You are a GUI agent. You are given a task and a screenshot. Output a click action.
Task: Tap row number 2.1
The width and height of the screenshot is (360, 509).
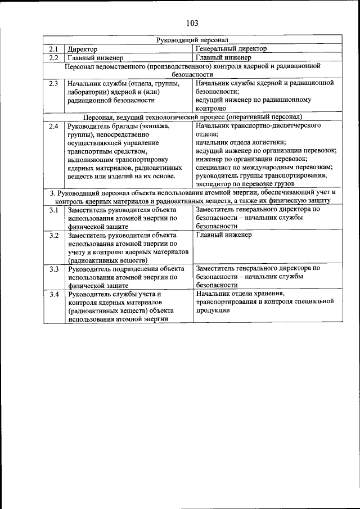[x=53, y=49]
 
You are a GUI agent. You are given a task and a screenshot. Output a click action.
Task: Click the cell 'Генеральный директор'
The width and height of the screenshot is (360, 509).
[x=231, y=49]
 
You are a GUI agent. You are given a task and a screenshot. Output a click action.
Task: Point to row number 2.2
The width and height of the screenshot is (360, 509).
[x=53, y=57]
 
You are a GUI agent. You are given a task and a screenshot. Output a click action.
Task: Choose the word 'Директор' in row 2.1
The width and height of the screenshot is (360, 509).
[x=83, y=49]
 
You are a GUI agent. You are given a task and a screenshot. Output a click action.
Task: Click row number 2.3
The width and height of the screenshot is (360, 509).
[x=53, y=83]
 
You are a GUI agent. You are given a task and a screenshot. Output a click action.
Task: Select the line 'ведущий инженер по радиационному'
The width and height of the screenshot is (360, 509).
[x=253, y=100]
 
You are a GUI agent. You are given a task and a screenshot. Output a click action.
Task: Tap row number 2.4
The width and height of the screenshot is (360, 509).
[x=53, y=126]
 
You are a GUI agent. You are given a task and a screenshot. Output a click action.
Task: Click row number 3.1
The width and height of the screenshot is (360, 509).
[x=53, y=210]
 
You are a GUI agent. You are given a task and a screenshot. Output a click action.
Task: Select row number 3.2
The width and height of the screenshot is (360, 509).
[x=53, y=235]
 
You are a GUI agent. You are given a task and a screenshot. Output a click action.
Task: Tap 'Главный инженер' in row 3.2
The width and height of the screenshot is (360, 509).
[x=223, y=235]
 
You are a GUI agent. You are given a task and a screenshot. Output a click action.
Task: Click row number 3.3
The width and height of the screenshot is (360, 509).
[x=53, y=269]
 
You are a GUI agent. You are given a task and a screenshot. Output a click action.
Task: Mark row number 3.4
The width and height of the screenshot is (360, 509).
[x=53, y=294]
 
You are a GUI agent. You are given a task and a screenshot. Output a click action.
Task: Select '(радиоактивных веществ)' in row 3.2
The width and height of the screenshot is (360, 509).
[x=107, y=260]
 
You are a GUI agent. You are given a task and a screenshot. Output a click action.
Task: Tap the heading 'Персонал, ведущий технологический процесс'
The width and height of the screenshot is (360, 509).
[x=155, y=117]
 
